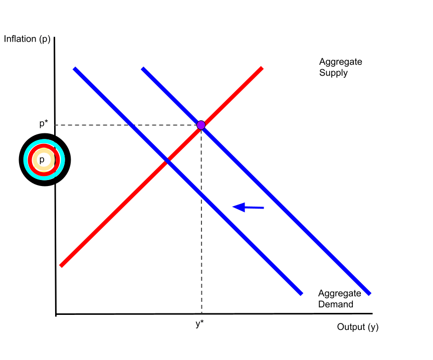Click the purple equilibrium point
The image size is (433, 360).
(201, 125)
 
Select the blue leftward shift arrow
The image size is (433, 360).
(248, 207)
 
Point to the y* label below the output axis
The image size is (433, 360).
(199, 324)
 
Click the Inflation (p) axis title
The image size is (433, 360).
(27, 39)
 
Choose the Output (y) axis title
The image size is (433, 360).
(357, 327)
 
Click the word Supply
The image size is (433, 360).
(333, 73)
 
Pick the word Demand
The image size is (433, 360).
(335, 304)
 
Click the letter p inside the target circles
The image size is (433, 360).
(42, 159)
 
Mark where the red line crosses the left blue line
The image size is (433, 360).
(167, 160)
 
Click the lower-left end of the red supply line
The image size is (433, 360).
(61, 265)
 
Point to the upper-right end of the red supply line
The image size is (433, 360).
(261, 68)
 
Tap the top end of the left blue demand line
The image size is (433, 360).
(75, 68)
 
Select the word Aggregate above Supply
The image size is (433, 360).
(340, 62)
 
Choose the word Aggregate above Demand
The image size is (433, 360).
(339, 293)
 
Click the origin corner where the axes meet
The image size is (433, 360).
(56, 314)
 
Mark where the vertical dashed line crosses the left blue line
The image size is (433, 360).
(201, 195)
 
